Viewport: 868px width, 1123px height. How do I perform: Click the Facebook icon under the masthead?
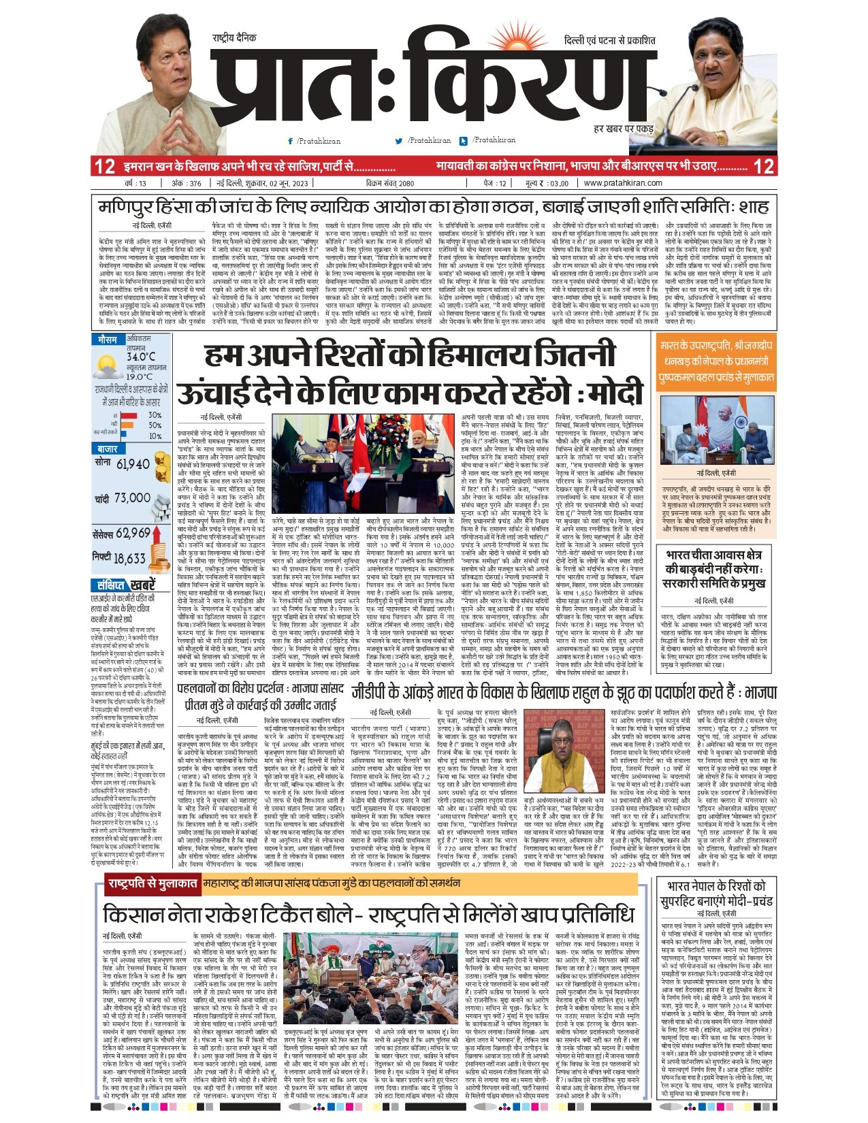(291, 141)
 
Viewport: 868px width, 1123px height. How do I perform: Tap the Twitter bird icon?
(399, 141)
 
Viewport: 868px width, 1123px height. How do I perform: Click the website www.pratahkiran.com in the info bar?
(622, 183)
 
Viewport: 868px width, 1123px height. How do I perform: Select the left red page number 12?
(105, 166)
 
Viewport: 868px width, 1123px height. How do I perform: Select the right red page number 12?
(765, 166)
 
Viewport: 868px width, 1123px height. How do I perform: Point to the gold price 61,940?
(133, 464)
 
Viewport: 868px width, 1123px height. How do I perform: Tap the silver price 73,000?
(131, 498)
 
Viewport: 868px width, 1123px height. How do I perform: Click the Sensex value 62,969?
(133, 533)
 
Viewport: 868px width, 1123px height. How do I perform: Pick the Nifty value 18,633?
(129, 559)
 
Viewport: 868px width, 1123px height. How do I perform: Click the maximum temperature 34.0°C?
(141, 357)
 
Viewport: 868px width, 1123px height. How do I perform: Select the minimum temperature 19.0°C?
(140, 376)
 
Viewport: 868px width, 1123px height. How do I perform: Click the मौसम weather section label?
(108, 339)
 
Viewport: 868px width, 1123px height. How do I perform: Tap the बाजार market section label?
(108, 449)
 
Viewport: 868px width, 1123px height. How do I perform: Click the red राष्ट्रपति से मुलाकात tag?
(151, 885)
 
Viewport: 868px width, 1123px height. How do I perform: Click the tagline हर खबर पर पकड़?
(624, 128)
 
